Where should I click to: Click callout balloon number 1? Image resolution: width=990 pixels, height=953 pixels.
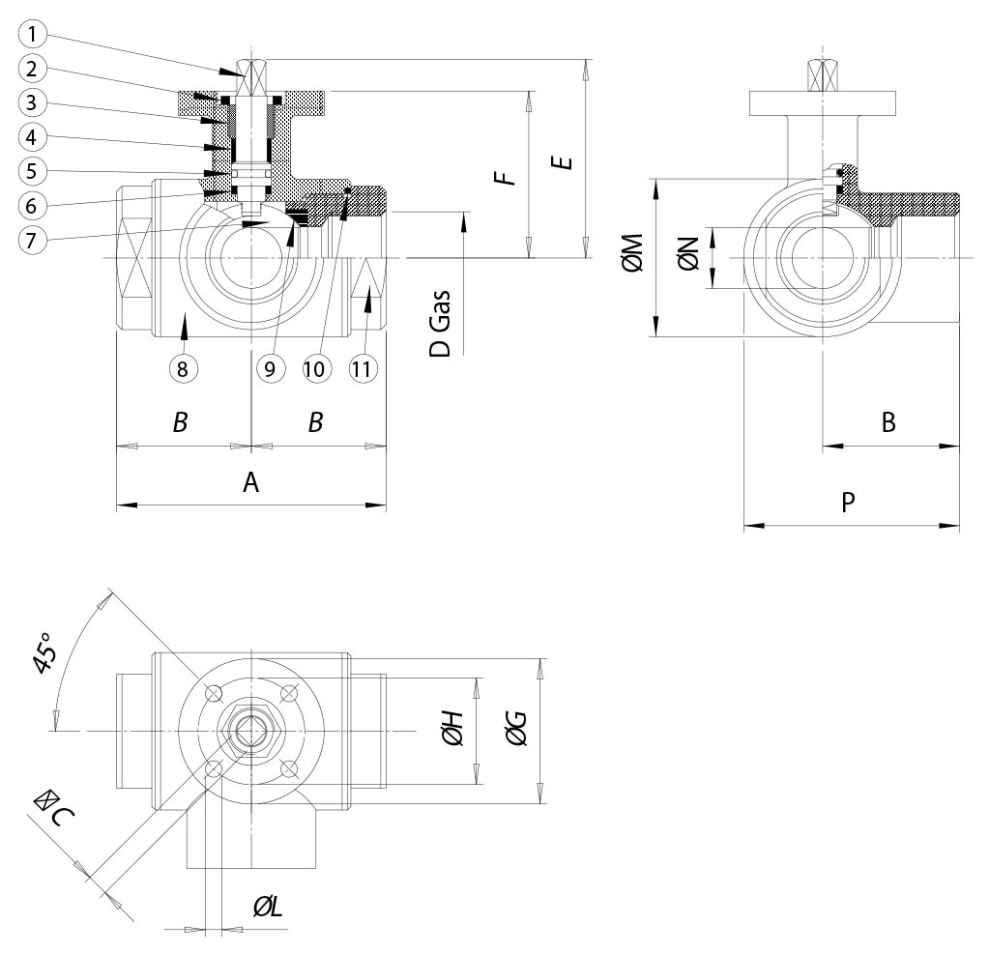33,36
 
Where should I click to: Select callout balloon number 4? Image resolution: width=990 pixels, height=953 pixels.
33,136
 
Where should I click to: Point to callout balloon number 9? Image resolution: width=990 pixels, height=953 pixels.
270,367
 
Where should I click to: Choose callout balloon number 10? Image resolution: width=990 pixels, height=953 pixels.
316,367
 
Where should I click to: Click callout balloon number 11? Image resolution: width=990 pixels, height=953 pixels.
363,367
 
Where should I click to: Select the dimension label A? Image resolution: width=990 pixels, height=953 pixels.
250,482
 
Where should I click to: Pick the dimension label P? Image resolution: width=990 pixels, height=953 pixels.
849,504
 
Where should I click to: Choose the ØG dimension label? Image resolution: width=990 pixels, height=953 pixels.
515,730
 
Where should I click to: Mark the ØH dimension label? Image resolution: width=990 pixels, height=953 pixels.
452,730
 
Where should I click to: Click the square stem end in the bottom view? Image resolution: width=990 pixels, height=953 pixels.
251,732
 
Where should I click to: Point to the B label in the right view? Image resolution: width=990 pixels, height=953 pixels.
888,422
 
